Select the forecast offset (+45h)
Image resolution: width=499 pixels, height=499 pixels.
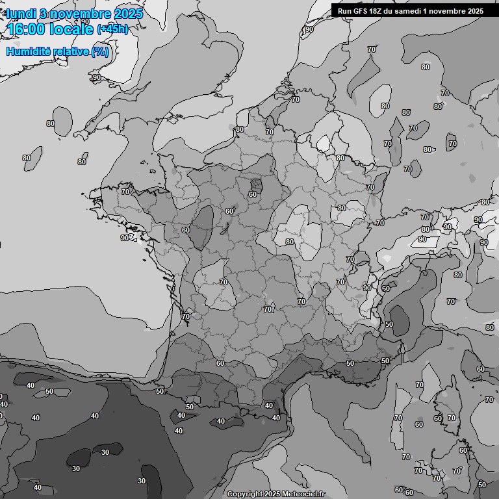click(112, 29)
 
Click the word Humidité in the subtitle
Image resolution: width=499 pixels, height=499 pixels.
click(29, 51)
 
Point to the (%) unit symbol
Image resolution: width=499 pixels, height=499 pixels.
click(100, 51)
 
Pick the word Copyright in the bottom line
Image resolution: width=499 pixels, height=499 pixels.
click(244, 494)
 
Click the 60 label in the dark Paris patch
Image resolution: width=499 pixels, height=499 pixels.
click(253, 194)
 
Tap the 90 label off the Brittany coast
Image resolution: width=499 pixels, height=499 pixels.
click(125, 238)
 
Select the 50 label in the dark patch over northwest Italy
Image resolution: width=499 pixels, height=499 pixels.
click(389, 324)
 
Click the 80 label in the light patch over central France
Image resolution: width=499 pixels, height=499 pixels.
click(290, 242)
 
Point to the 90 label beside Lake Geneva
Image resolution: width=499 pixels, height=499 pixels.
click(367, 288)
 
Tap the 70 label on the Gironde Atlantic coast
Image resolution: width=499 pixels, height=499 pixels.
click(186, 316)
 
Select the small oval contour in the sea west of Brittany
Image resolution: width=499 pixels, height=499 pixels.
click(62, 118)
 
